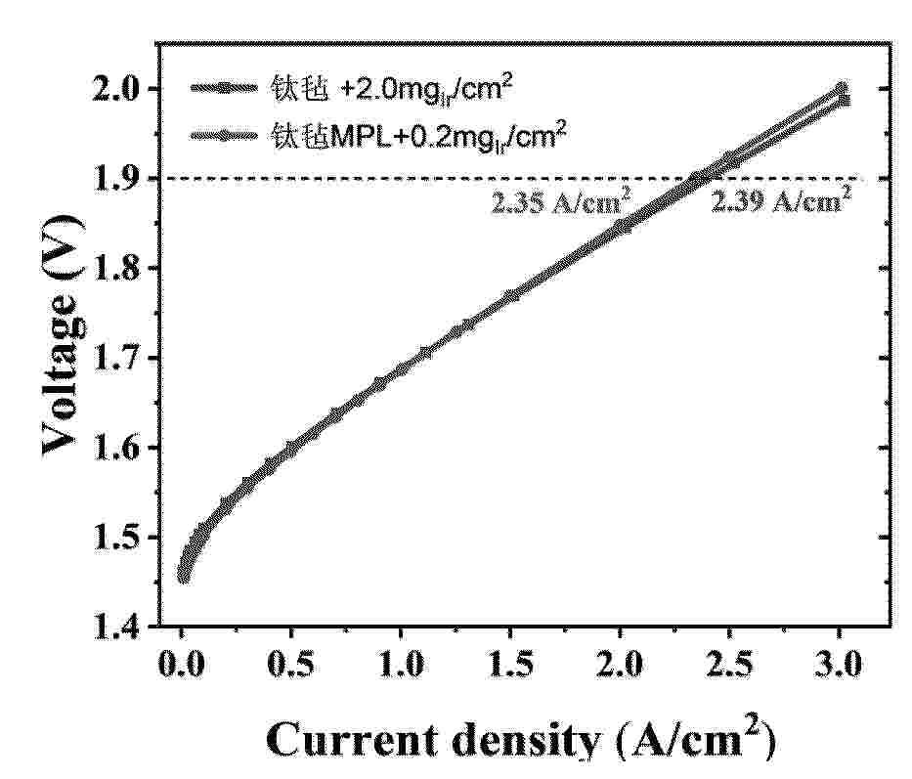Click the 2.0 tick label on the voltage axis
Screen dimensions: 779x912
coord(124,89)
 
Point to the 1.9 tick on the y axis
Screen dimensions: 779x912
coord(124,179)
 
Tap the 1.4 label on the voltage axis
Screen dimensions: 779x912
coord(124,627)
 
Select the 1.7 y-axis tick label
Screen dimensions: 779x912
coord(124,359)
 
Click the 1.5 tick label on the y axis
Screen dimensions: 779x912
coord(124,538)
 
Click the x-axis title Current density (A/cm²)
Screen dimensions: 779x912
coord(520,740)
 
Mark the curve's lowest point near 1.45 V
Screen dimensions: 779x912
coord(183,577)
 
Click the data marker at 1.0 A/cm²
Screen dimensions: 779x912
coord(402,369)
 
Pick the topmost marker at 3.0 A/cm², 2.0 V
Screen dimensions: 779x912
coord(841,88)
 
